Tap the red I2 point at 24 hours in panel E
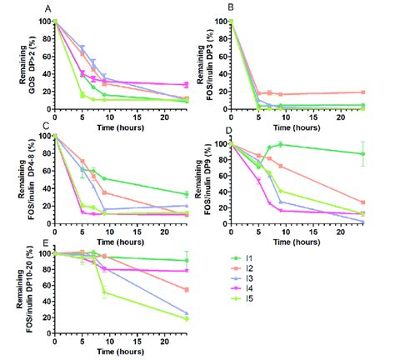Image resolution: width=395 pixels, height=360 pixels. pos(186,289)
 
